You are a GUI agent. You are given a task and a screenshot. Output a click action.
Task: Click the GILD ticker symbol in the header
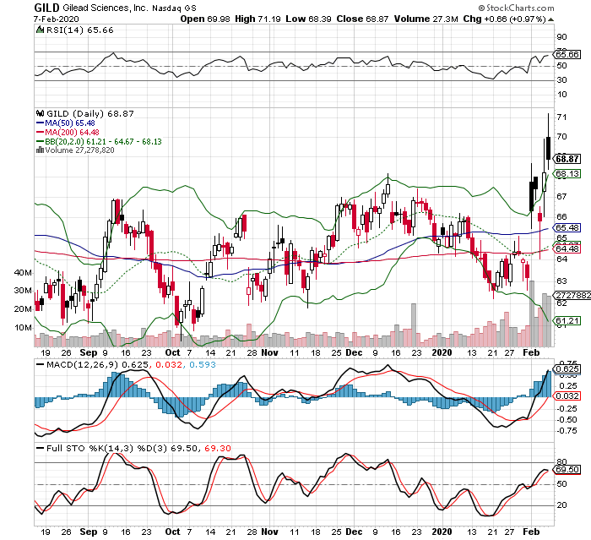47,7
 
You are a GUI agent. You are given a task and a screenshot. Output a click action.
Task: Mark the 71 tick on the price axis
561,117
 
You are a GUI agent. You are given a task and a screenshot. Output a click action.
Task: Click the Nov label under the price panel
268,353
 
